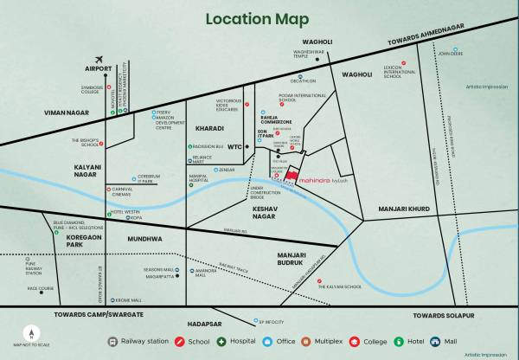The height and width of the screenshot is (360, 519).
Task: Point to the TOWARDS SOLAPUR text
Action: [444, 316]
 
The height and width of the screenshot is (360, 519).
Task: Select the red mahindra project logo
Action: [293, 176]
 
